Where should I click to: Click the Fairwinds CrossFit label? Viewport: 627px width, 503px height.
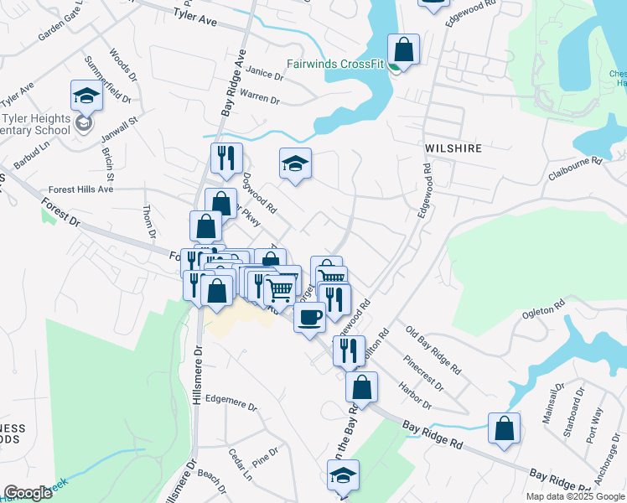[x=334, y=64]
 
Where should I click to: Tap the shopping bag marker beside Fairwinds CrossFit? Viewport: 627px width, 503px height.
[x=403, y=49]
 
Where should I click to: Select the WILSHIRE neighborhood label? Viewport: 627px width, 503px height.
[x=453, y=148]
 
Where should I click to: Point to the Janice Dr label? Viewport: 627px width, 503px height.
[x=266, y=74]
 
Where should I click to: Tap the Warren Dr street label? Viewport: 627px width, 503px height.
[x=260, y=98]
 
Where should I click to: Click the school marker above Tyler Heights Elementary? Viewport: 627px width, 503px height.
[x=86, y=96]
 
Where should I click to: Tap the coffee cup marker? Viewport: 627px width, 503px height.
[x=309, y=317]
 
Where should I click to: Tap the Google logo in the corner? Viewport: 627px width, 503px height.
[x=28, y=493]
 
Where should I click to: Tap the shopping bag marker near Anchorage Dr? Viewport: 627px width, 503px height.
[x=504, y=428]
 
